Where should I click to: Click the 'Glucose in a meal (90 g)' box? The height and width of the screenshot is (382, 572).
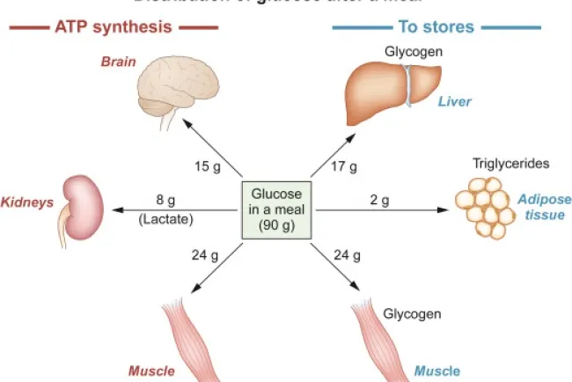coord(277,209)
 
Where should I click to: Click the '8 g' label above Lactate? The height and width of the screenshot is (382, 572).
coord(165,200)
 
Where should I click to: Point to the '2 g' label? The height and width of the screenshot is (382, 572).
coord(379,200)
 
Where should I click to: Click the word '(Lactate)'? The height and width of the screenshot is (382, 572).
coord(165,217)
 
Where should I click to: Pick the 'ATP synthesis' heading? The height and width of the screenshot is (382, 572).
coord(114,27)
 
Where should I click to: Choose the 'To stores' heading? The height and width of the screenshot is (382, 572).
coord(436,27)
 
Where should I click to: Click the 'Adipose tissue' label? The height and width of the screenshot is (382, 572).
coord(544,207)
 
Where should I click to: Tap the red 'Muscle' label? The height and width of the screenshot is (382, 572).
coord(151,371)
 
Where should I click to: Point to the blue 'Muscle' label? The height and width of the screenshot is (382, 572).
coord(436,371)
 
